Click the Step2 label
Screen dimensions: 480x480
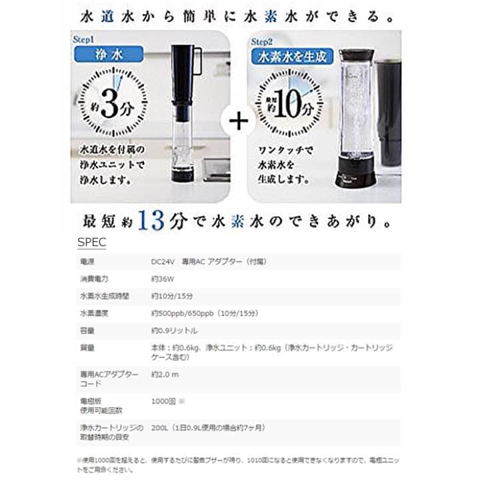[x=262, y=41]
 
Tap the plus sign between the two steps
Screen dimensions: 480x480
[x=239, y=120]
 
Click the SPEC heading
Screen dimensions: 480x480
[x=91, y=241]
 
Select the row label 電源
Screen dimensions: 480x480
[x=86, y=262]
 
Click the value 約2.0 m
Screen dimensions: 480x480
[x=165, y=374]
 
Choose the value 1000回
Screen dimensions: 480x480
[x=163, y=402]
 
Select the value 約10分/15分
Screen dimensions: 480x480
[x=172, y=296]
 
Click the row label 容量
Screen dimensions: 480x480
[x=86, y=331]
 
